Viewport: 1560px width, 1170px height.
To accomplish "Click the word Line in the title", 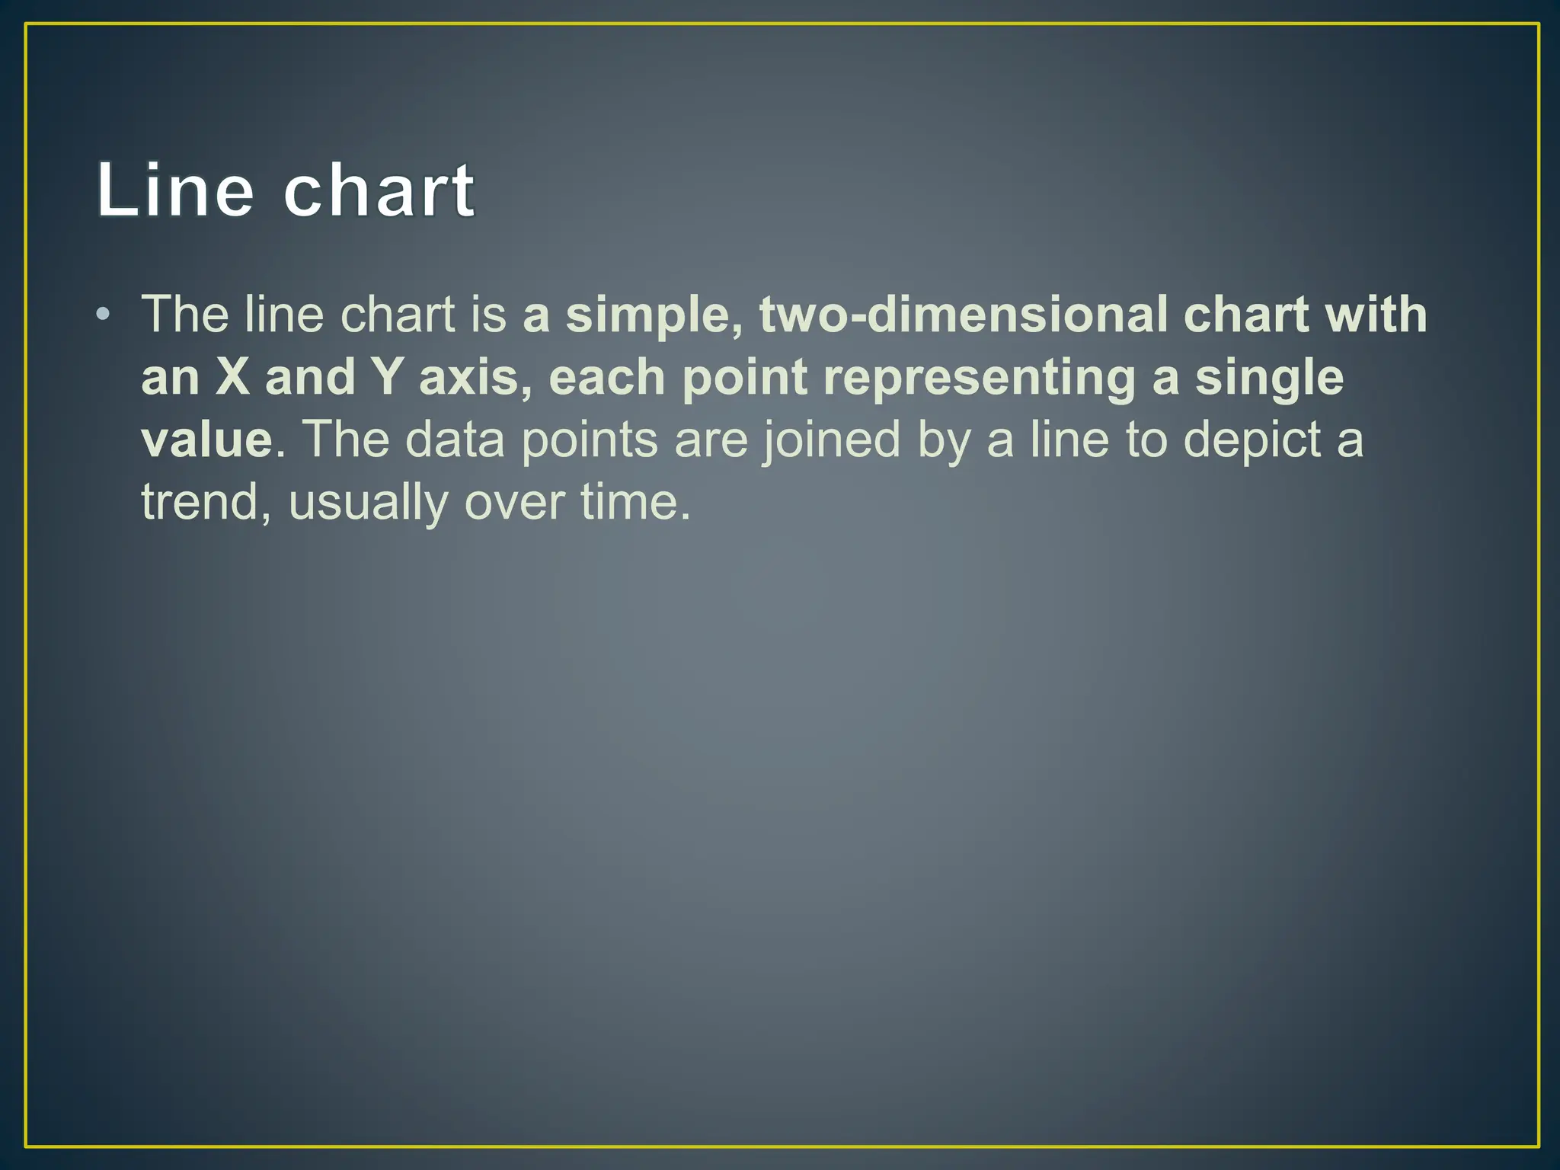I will coord(174,190).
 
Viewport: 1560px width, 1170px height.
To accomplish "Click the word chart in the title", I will coord(379,190).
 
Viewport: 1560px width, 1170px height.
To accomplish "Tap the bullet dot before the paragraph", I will coord(104,315).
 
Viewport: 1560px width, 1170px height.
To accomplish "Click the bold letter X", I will coord(232,377).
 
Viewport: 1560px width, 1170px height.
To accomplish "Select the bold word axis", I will coord(475,377).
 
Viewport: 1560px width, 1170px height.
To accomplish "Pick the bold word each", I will coord(607,377).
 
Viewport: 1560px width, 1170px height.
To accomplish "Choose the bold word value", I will coord(206,440).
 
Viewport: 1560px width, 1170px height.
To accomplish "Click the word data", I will coord(455,440).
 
